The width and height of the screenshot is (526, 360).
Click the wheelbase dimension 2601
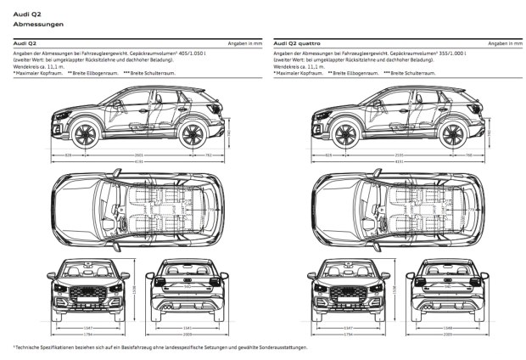point(138,155)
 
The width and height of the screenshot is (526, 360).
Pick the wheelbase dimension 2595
point(399,155)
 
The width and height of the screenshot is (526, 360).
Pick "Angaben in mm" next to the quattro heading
point(504,42)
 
